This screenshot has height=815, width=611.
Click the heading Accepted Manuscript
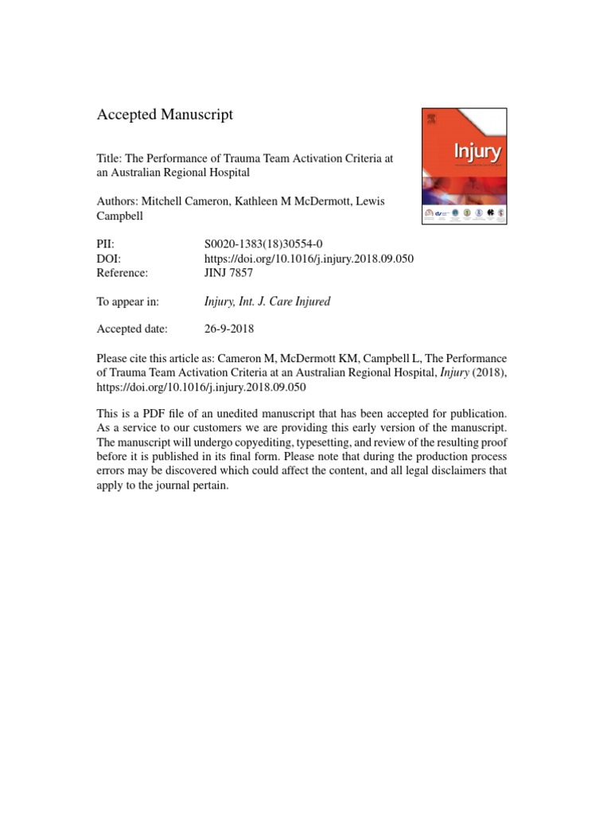point(165,115)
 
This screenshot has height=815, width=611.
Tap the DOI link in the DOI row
point(309,259)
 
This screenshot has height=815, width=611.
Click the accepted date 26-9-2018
point(231,329)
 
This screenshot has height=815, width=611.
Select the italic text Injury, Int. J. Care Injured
point(267,301)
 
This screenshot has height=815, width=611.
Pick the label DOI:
point(109,259)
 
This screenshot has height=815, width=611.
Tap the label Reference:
point(122,273)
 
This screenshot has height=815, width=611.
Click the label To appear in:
point(127,301)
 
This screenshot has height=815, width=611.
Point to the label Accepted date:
point(131,329)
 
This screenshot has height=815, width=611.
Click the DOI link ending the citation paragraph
point(201,387)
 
